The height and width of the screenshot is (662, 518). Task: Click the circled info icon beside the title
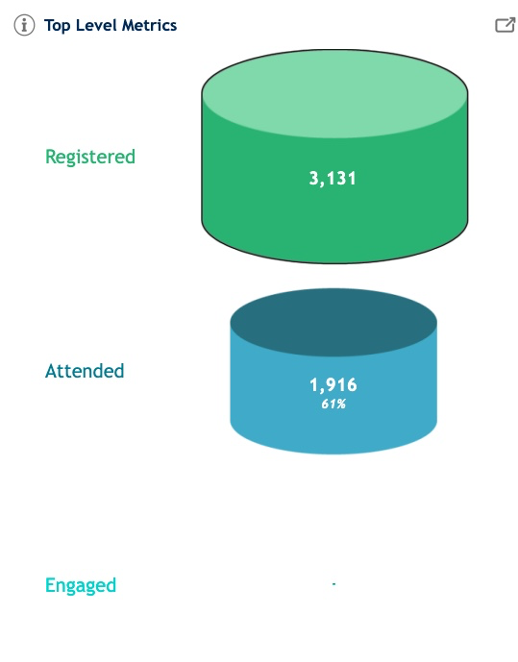pyautogui.click(x=24, y=25)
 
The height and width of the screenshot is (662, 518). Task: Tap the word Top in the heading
pyautogui.click(x=57, y=26)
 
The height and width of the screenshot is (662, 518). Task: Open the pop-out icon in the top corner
pyautogui.click(x=505, y=25)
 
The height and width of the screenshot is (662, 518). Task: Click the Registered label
pyautogui.click(x=90, y=157)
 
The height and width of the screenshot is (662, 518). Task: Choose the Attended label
pyautogui.click(x=85, y=371)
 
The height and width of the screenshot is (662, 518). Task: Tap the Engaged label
pyautogui.click(x=81, y=586)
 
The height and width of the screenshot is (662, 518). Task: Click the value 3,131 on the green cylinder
pyautogui.click(x=333, y=178)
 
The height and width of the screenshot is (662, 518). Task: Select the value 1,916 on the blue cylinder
pyautogui.click(x=333, y=385)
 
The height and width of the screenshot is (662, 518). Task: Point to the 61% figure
pyautogui.click(x=333, y=405)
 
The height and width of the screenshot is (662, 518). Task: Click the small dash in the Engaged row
pyautogui.click(x=333, y=584)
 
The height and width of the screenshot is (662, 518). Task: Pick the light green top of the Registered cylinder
pyautogui.click(x=334, y=94)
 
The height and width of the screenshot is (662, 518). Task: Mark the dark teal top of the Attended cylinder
pyautogui.click(x=333, y=323)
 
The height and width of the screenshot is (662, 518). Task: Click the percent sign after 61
pyautogui.click(x=341, y=405)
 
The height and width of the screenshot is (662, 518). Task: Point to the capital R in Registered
pyautogui.click(x=51, y=157)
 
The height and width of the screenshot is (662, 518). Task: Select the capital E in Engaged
pyautogui.click(x=50, y=585)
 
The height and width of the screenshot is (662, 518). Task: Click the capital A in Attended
pyautogui.click(x=52, y=372)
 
